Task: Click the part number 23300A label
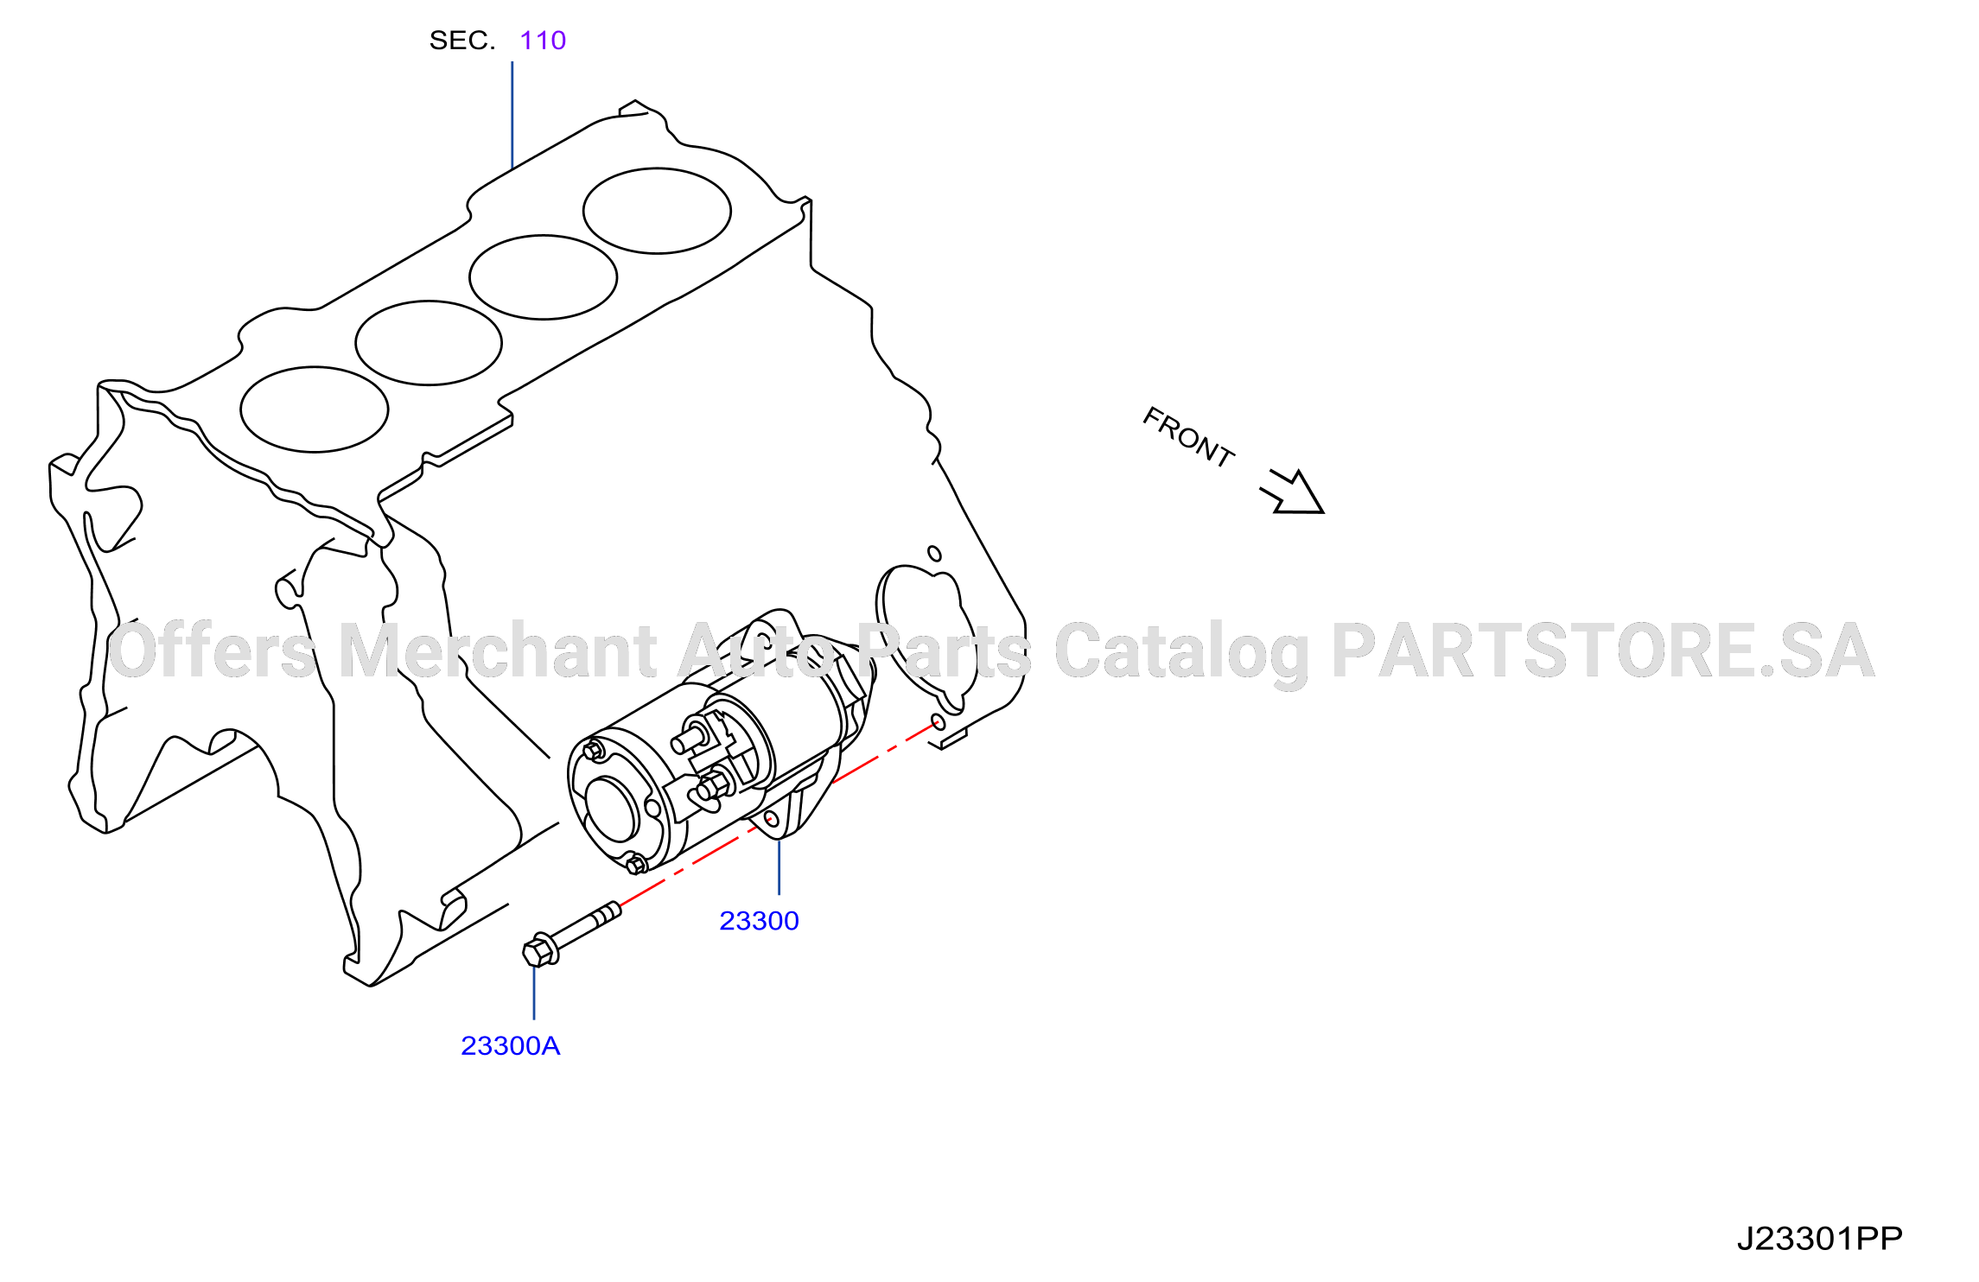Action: [x=510, y=1045]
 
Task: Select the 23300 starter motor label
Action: [x=759, y=921]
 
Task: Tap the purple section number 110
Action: [x=543, y=41]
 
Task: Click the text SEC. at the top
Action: [x=462, y=41]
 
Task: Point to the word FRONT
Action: [x=1188, y=437]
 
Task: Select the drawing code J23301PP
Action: [x=1819, y=1239]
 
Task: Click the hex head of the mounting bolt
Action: [x=539, y=951]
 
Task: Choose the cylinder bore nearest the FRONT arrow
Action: [x=657, y=211]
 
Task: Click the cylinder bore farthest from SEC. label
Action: [x=315, y=409]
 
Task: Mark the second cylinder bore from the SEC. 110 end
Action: [x=543, y=277]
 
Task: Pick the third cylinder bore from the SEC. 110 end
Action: [x=429, y=343]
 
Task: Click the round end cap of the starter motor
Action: [x=615, y=808]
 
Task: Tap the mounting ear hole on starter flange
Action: [x=772, y=818]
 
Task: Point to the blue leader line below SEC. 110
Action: [x=512, y=115]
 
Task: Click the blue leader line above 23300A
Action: [x=534, y=993]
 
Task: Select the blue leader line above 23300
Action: [x=779, y=866]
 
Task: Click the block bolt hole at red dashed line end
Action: [x=938, y=722]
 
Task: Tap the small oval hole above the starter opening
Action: [x=934, y=554]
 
